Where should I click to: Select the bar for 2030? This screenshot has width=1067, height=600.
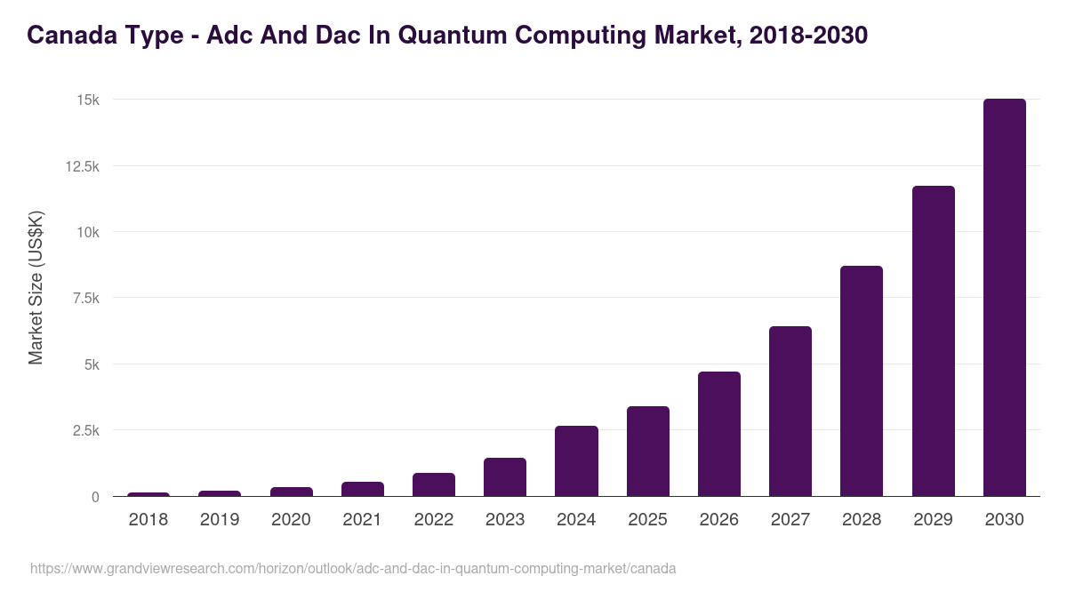pyautogui.click(x=1004, y=298)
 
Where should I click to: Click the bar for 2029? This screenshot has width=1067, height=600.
pyautogui.click(x=933, y=341)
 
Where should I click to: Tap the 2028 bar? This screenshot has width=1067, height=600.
pyautogui.click(x=862, y=381)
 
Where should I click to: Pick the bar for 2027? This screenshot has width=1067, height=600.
pyautogui.click(x=790, y=412)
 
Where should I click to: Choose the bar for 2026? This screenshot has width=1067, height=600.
pyautogui.click(x=719, y=434)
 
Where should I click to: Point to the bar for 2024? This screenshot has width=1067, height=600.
pyautogui.click(x=576, y=461)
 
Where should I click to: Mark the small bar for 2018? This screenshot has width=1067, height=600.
pyautogui.click(x=148, y=494)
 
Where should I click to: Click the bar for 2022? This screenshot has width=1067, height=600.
pyautogui.click(x=434, y=484)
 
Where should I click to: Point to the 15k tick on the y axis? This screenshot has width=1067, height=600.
pyautogui.click(x=87, y=100)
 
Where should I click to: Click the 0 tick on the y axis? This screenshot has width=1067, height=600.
pyautogui.click(x=95, y=497)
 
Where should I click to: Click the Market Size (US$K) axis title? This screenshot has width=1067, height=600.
pyautogui.click(x=36, y=287)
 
